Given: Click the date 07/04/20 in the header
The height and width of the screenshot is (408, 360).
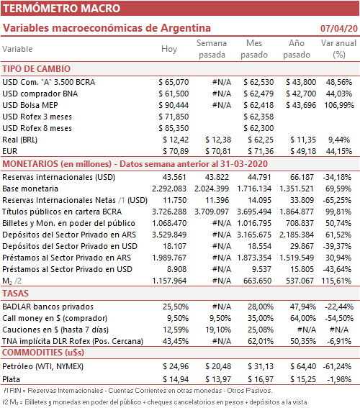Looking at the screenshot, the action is [339, 28].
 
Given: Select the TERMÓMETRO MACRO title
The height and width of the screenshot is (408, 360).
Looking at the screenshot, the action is [61, 9].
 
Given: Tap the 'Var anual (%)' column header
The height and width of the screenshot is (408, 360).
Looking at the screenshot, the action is [338, 49].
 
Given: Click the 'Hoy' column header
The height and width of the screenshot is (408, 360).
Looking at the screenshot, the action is [169, 49].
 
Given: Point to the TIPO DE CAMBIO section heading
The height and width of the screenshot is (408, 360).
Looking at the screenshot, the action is [37, 69].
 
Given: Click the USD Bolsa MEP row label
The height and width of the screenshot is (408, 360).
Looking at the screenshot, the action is [30, 105].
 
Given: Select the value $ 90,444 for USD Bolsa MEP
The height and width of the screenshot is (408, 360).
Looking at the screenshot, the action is [174, 105].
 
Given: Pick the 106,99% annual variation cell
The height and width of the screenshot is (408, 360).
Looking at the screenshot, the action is [339, 105].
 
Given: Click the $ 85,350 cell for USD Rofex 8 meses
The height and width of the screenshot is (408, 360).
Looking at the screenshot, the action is [174, 128].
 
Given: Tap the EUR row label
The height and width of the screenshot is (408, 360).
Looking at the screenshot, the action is [10, 151].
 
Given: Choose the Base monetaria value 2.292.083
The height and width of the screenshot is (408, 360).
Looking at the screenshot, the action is [169, 189].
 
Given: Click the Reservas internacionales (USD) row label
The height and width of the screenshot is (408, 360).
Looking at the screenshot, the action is [58, 177].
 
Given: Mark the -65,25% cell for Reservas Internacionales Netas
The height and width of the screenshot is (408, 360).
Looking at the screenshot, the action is [337, 200].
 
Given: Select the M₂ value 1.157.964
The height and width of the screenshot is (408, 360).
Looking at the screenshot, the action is [169, 281].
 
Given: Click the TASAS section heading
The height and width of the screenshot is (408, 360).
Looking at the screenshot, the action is [15, 294].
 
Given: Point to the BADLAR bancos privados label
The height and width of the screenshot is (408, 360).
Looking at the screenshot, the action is [48, 307].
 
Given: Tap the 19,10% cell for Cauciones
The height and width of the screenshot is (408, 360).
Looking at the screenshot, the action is [218, 330].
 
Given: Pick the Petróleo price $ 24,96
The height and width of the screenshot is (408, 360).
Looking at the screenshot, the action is [176, 366].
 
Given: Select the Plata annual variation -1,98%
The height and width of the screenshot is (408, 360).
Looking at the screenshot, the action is [339, 379].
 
